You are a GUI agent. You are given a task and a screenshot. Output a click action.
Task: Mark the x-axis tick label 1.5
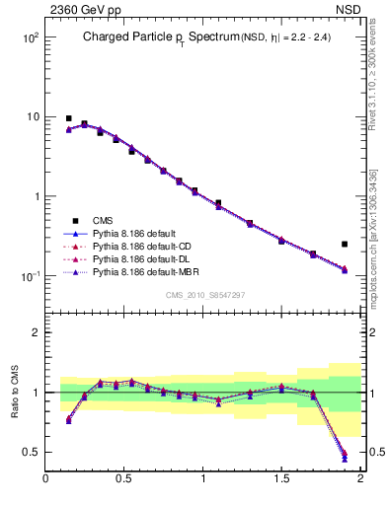281,479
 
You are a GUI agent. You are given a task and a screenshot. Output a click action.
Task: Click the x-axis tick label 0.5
124,479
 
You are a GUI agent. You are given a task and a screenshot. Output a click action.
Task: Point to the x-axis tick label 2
360,479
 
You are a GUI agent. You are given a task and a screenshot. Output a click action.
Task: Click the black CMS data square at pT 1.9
345,244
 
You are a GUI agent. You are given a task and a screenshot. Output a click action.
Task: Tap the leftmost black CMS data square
69,118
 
